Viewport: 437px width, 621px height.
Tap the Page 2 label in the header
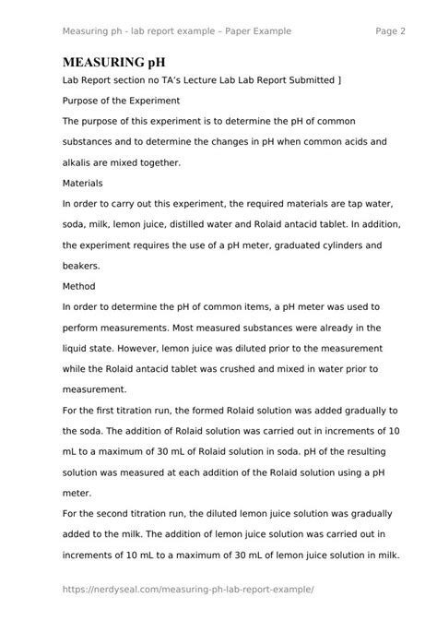pos(391,30)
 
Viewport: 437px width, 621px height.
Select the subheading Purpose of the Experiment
pos(121,101)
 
